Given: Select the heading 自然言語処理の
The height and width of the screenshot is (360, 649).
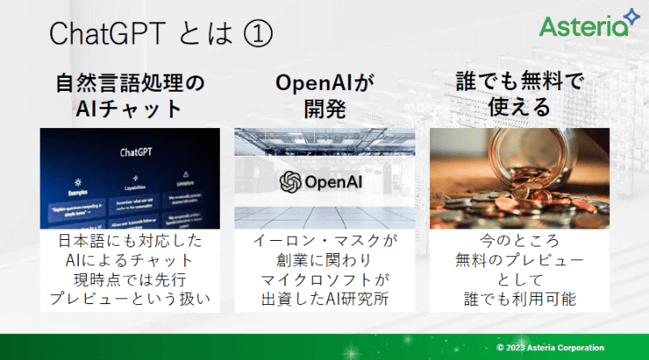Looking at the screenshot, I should pyautogui.click(x=130, y=83).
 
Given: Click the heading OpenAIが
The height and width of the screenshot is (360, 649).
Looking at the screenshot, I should pyautogui.click(x=324, y=83).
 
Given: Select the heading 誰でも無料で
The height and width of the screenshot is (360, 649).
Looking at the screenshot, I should pyautogui.click(x=519, y=83).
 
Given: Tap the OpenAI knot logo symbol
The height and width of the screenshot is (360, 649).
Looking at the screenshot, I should pyautogui.click(x=290, y=181).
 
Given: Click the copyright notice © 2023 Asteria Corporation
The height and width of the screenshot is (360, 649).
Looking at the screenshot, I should pyautogui.click(x=565, y=347).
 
